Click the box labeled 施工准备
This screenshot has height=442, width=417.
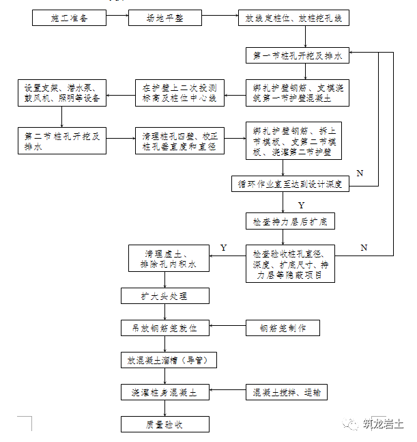click(x=69, y=18)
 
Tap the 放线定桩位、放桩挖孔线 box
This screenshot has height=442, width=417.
click(x=293, y=18)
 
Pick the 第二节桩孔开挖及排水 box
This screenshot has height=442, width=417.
click(x=62, y=141)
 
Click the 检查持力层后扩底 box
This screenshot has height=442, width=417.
click(x=290, y=222)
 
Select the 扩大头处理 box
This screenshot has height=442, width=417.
click(x=164, y=296)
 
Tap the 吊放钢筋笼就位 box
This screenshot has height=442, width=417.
click(x=164, y=329)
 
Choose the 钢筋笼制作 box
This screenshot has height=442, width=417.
click(x=283, y=329)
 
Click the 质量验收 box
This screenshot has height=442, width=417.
click(x=164, y=424)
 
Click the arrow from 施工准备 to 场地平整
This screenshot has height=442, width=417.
click(x=117, y=18)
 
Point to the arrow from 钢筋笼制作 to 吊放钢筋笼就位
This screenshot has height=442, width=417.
click(x=227, y=329)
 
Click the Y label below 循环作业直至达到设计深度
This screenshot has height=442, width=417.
click(x=301, y=204)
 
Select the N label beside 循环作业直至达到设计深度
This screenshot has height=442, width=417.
click(x=360, y=174)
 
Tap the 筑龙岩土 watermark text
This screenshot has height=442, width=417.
click(x=383, y=424)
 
